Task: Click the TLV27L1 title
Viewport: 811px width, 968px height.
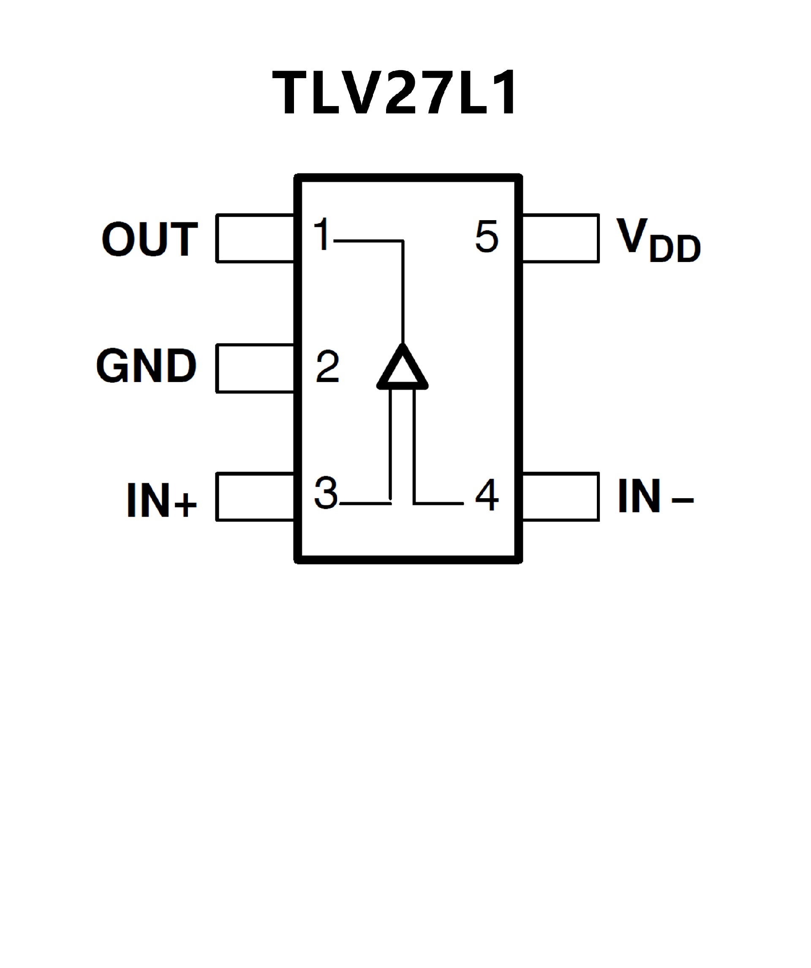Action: coord(395,92)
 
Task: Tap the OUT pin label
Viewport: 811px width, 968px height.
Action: coord(150,239)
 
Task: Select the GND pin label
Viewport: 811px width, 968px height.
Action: coord(147,365)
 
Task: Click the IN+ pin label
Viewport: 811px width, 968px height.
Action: coord(162,500)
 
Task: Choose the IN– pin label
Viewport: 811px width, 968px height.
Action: coord(655,496)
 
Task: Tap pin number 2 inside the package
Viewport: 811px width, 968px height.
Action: coord(328,367)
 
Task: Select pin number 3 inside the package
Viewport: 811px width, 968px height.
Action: coord(326,493)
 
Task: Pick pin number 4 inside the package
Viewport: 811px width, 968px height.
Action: coord(487,495)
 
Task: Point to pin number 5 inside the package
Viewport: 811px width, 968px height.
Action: coord(487,236)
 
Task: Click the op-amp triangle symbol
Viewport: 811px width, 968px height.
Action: coord(402,369)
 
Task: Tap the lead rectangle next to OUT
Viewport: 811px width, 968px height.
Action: coord(255,238)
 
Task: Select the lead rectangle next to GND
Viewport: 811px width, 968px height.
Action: coord(255,369)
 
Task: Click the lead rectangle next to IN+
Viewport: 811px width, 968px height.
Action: coord(255,497)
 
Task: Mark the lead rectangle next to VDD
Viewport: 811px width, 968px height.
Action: coord(561,238)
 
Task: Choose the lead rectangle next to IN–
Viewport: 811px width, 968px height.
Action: coord(561,497)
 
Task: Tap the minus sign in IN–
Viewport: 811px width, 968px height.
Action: coord(683,499)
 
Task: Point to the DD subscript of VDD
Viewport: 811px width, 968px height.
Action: coord(675,250)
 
